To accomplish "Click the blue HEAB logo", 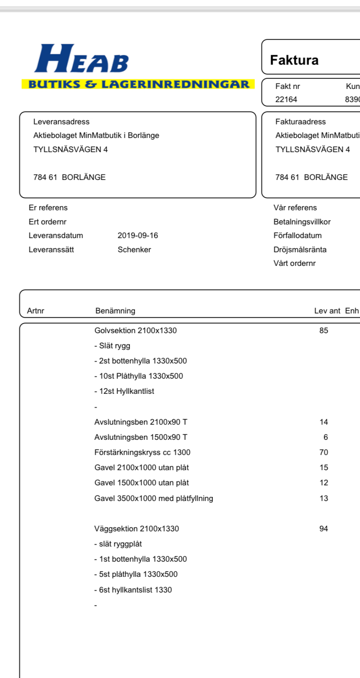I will (x=81, y=59).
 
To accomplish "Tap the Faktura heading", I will (x=294, y=61).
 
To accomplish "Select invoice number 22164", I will (x=286, y=99).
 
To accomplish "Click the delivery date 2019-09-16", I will (x=134, y=236).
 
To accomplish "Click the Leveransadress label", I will (x=61, y=122).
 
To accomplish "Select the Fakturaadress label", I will (x=300, y=122).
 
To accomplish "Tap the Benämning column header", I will (x=115, y=311).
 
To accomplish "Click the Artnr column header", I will (x=36, y=311).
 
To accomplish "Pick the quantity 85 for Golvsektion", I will (x=324, y=331).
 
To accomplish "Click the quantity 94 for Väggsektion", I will (x=324, y=529).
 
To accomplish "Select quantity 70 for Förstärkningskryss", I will (x=324, y=453).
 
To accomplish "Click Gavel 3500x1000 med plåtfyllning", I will (x=154, y=499).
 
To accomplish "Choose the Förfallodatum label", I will (x=297, y=236).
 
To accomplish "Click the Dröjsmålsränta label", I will (x=300, y=249).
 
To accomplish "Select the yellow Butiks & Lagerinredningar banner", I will (x=138, y=84).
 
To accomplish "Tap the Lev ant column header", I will (x=327, y=311).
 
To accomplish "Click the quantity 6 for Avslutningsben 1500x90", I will (x=326, y=437).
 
